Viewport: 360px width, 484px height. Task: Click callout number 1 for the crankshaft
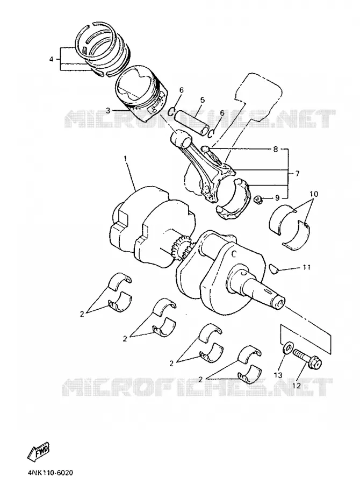click(125, 159)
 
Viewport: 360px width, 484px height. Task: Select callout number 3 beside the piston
click(107, 110)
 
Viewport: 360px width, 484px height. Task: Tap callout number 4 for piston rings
click(51, 59)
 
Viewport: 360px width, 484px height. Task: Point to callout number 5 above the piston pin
click(203, 100)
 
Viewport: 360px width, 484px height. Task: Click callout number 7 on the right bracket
click(297, 174)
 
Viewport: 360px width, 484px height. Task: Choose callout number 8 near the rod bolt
click(276, 150)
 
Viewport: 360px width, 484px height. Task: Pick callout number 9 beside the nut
click(277, 197)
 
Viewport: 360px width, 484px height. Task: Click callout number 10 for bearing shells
click(314, 194)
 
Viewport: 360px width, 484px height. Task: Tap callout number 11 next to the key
click(306, 267)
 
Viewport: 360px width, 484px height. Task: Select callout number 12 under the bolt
click(296, 386)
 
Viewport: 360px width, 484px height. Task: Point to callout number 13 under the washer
click(278, 375)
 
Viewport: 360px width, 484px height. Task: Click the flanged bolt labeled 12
click(307, 360)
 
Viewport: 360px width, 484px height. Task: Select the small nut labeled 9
click(257, 200)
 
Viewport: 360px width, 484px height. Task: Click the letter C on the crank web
click(234, 254)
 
